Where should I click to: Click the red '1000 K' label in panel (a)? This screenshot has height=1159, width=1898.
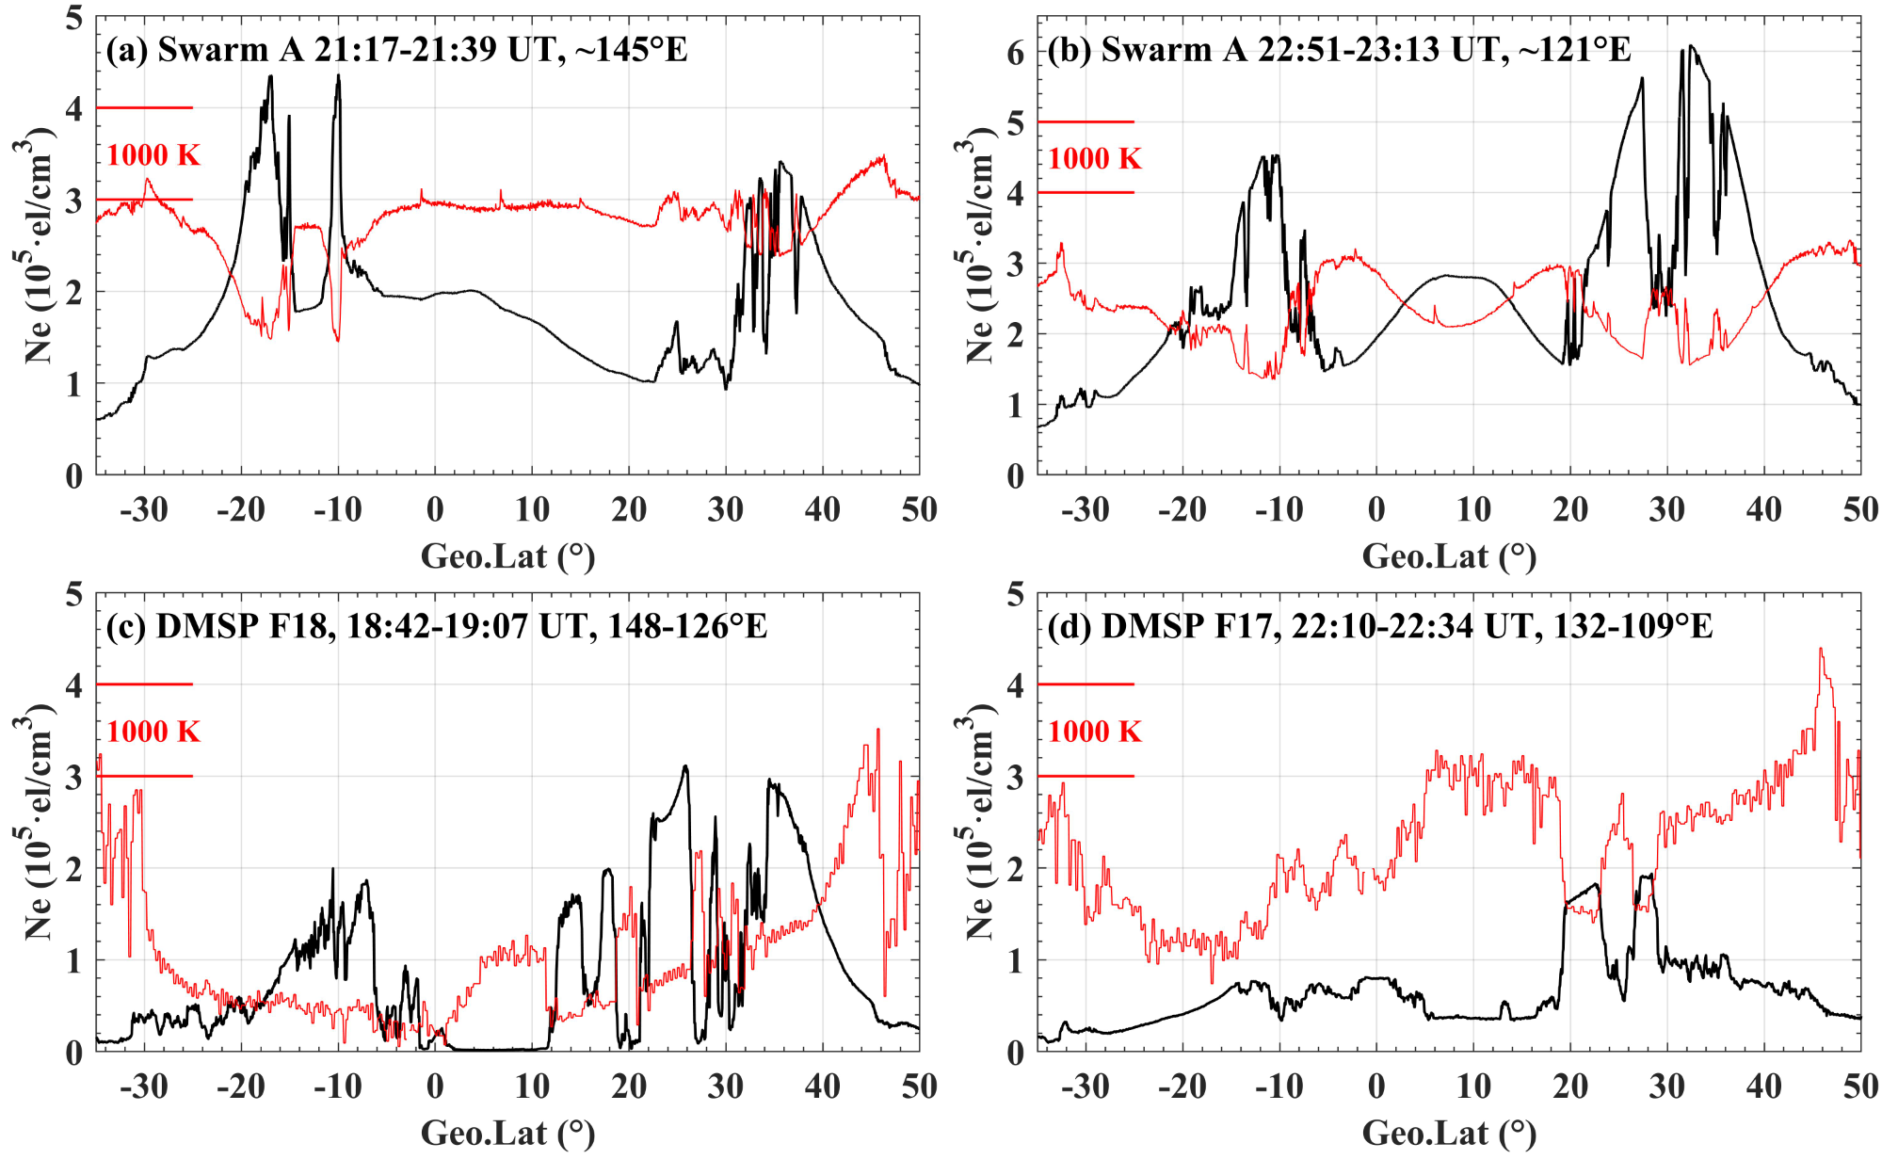153,154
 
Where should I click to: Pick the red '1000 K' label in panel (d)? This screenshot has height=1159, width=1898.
1095,732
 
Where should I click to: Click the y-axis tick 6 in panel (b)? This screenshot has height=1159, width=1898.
1015,54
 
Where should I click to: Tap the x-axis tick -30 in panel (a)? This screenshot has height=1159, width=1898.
144,510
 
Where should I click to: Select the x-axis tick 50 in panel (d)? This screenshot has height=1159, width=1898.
1860,1087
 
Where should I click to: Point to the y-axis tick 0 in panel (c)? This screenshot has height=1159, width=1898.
74,1053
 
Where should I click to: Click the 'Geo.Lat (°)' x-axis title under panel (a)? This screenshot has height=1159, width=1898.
507,556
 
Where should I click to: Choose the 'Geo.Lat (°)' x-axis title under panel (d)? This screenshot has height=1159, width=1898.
1449,1134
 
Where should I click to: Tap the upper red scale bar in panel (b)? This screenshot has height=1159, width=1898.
1086,122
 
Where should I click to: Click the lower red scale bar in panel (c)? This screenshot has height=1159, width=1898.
144,777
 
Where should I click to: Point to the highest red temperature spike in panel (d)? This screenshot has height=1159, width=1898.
1821,650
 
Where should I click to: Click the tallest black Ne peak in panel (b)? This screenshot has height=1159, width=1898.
1691,47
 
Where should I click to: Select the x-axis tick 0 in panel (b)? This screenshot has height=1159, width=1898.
1376,510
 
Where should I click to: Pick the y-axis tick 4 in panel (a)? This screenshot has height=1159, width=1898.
74,109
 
